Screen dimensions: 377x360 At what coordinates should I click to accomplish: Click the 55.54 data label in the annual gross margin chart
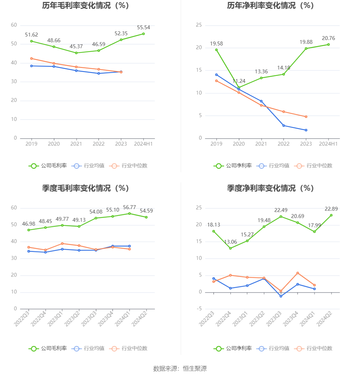pos(143,28)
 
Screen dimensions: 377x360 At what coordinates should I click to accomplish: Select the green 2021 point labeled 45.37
pos(76,53)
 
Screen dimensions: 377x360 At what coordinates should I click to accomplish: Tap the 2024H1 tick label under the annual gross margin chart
pos(143,144)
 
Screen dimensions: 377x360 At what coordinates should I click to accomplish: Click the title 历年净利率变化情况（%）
pos(270,5)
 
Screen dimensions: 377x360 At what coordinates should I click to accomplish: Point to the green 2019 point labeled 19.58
pos(217,50)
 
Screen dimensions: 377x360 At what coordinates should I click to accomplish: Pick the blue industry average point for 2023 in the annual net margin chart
pos(306,130)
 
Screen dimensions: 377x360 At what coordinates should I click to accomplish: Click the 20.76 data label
pos(328,38)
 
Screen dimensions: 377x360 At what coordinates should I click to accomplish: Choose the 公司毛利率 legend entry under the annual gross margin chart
pos(48,166)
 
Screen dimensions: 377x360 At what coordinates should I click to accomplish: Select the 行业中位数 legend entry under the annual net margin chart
pos(314,166)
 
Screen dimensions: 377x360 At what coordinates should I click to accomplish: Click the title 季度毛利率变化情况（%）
pos(85,188)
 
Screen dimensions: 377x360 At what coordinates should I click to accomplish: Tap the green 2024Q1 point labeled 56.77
pos(130,214)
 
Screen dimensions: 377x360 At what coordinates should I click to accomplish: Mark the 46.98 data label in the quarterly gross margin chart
pos(29,224)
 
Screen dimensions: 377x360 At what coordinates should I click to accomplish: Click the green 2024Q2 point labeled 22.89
pos(331,215)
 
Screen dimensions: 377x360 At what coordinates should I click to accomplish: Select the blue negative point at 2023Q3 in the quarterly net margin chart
pos(281,296)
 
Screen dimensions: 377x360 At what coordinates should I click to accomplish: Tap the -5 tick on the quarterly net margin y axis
pos(199,309)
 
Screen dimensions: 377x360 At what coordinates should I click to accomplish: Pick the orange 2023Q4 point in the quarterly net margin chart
pos(297,273)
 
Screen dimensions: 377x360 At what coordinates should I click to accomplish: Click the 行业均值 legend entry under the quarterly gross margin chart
pos(88,348)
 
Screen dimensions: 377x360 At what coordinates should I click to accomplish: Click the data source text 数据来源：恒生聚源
pos(180,368)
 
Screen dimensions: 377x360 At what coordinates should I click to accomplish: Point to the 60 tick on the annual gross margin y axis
pos(14,25)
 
